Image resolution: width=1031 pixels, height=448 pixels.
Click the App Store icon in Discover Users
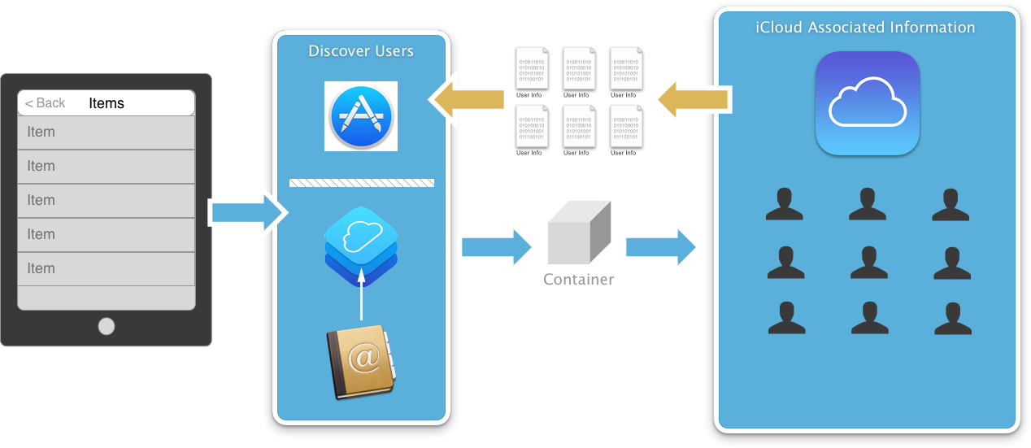[x=361, y=116]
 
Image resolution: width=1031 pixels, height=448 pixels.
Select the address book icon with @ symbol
[x=360, y=362]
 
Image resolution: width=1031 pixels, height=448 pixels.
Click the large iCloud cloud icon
[x=867, y=103]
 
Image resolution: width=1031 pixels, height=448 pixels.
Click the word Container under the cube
[x=578, y=280]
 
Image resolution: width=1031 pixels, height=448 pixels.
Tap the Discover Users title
[x=361, y=51]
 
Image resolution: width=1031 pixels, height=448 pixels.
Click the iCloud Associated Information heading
[x=865, y=27]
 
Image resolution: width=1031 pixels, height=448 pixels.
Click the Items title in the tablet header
[x=107, y=103]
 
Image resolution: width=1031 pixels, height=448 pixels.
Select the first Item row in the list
[x=106, y=132]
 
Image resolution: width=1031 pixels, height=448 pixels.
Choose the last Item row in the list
[x=106, y=268]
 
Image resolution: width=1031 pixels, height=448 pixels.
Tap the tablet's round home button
[x=107, y=326]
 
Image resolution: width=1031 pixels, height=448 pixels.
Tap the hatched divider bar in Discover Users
[x=361, y=183]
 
